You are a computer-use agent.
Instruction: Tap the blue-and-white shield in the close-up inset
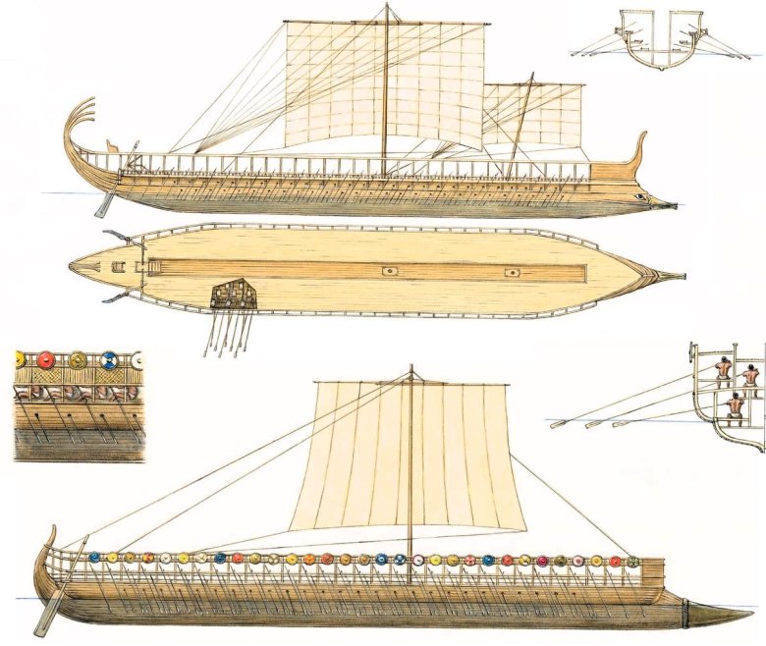click(x=109, y=360)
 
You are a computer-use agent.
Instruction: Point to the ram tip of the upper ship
click(x=675, y=205)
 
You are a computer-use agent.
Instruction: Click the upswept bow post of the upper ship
click(x=642, y=147)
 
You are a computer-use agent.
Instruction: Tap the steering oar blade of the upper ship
click(x=101, y=207)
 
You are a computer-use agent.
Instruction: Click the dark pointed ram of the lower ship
click(x=722, y=615)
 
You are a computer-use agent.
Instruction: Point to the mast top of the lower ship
click(x=410, y=371)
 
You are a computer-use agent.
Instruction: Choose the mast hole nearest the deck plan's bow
click(x=512, y=270)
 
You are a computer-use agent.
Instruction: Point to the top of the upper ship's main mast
click(x=386, y=8)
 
